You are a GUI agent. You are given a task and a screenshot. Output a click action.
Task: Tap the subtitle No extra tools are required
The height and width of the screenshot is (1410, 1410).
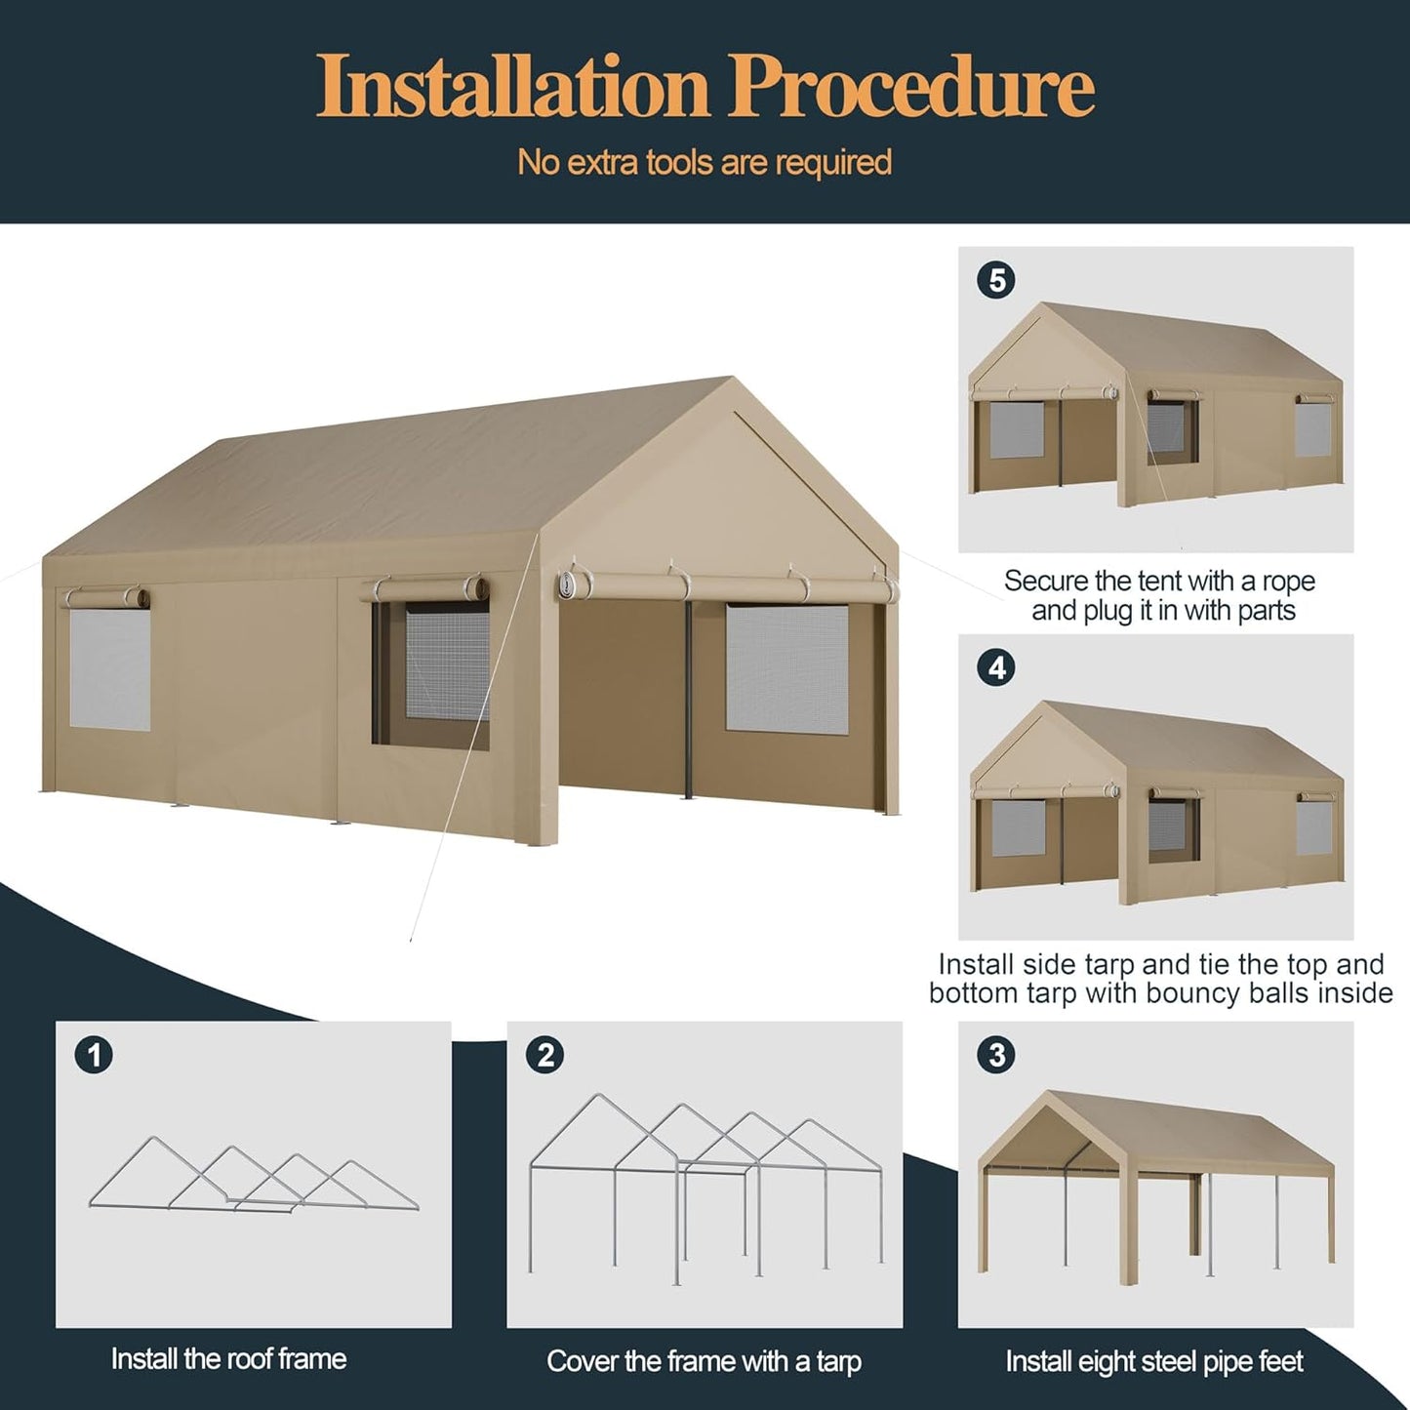pos(705,162)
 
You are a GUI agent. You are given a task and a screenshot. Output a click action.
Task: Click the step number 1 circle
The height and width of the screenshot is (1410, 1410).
pos(95,1055)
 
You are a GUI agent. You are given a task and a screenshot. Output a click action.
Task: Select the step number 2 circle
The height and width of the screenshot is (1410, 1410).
pos(545,1055)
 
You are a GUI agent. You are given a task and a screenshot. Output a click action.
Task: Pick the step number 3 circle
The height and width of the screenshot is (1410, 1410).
pos(996,1055)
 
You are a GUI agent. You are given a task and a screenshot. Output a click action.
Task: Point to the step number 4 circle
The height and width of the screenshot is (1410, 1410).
pos(996,668)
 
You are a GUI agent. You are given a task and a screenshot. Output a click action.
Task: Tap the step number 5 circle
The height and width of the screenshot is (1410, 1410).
pos(996,281)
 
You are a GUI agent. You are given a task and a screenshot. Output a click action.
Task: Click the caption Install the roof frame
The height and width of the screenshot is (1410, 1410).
pos(228,1358)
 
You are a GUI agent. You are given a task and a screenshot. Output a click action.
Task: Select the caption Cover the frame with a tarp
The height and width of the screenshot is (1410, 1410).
pos(704,1361)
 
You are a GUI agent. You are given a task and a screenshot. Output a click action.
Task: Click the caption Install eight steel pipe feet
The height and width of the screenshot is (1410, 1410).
pos(1154,1361)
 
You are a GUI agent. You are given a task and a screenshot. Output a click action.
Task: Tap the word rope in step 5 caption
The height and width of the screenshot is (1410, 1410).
pos(1287,582)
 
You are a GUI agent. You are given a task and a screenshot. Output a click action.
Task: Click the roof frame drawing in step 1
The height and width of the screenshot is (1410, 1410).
pos(254,1176)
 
